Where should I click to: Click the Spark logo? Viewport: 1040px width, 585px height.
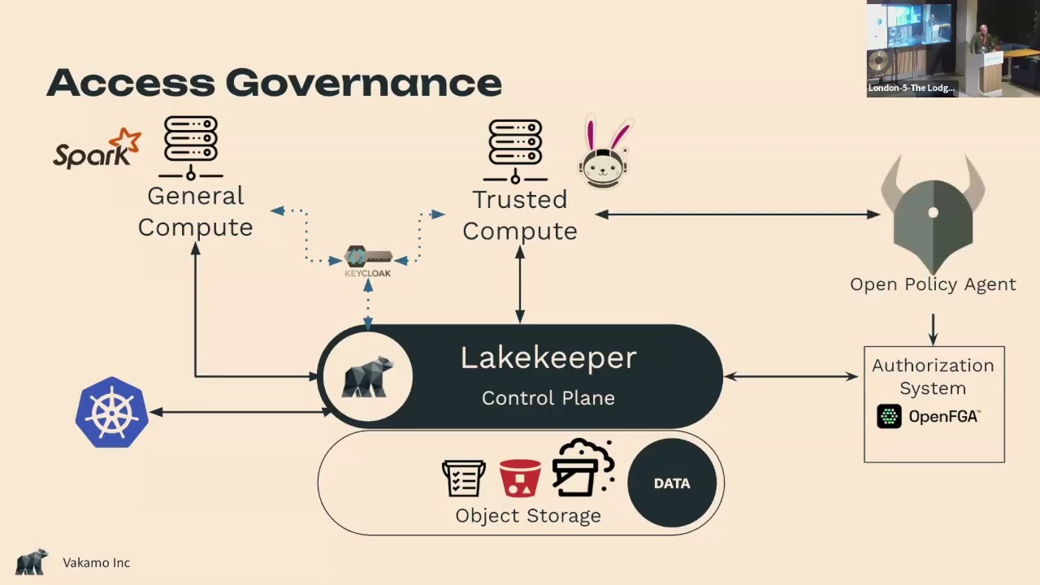point(97,149)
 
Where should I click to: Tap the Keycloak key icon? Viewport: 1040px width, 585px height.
point(368,257)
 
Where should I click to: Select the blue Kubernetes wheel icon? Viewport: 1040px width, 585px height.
point(112,412)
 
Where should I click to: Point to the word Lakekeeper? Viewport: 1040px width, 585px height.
point(548,358)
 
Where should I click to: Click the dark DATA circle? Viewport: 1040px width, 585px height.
point(672,483)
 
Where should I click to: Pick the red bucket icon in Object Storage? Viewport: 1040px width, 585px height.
point(520,479)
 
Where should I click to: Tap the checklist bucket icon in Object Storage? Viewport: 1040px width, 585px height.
point(464,479)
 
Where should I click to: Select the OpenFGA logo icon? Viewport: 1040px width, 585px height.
point(889,416)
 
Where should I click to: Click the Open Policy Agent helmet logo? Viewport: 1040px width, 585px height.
point(934,214)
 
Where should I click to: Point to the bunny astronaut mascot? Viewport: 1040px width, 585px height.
point(604,152)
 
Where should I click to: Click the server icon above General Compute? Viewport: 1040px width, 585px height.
point(191,148)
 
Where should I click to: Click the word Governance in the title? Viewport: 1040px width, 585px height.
point(363,83)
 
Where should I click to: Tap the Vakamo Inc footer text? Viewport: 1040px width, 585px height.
point(97,563)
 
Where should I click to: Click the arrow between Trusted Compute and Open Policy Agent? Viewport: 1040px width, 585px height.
point(737,214)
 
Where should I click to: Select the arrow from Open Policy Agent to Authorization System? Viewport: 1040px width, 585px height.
point(934,330)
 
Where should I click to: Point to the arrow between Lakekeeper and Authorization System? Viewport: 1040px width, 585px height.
point(791,376)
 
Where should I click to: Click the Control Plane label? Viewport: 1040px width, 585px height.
point(548,398)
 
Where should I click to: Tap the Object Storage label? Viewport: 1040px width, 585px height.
point(528,516)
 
